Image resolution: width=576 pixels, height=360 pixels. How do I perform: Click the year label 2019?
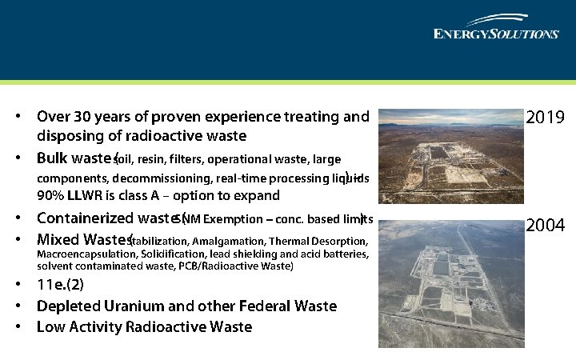point(546,118)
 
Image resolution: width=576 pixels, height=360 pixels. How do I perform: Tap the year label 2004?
point(546,226)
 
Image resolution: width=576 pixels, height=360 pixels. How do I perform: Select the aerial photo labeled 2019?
point(448,160)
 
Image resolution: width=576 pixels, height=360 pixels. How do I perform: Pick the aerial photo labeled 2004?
point(448,282)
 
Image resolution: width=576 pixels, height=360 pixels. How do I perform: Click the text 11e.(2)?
point(60,285)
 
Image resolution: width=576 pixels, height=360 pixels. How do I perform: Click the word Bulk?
point(54,157)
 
